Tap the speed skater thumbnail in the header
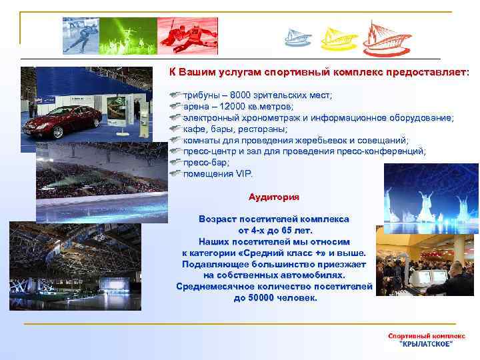coord(80,35)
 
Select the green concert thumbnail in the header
coord(127,35)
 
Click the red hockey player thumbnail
coord(187,35)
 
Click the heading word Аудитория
coord(273,197)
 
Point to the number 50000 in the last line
coord(260,298)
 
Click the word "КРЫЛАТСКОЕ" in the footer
coord(425,343)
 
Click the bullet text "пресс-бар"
coord(206,163)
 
